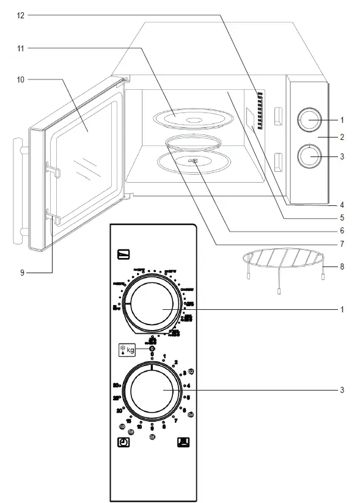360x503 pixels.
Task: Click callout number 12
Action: click(21, 15)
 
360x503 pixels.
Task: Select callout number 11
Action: click(21, 47)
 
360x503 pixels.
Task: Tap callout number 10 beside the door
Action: click(21, 79)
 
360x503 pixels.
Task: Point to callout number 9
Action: click(21, 273)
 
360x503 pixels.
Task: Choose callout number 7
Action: click(342, 244)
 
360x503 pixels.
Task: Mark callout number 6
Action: click(342, 230)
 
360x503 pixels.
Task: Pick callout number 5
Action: click(342, 217)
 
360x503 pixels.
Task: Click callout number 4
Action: click(342, 204)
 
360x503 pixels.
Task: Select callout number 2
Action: click(342, 138)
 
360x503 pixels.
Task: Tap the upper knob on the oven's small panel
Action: click(309, 120)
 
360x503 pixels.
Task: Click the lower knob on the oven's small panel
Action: click(309, 156)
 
